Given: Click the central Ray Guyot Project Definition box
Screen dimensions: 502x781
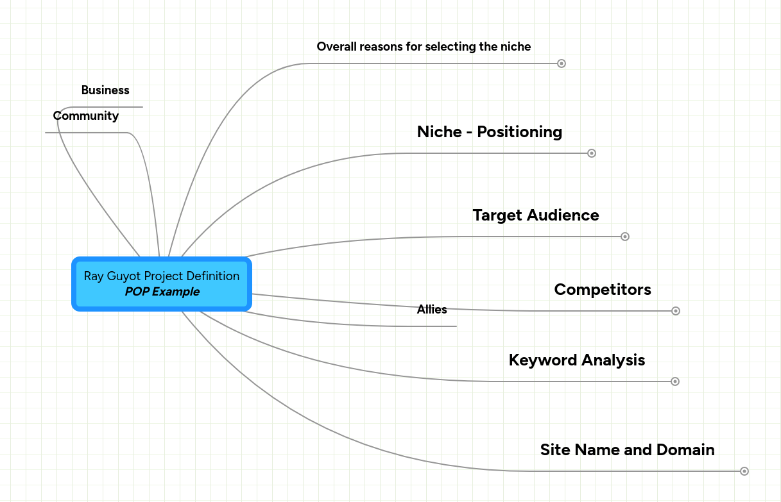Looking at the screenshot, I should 161,283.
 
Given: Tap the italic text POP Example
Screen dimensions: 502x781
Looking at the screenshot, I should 162,292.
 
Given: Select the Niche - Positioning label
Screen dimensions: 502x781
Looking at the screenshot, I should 489,132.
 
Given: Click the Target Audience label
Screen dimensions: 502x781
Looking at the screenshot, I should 535,215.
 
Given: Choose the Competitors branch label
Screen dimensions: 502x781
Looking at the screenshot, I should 602,290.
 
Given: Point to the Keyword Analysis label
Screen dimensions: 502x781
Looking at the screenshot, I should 576,360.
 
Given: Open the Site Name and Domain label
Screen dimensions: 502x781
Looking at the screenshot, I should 627,450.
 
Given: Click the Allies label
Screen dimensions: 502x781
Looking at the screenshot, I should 432,310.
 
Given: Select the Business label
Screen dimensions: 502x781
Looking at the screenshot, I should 105,90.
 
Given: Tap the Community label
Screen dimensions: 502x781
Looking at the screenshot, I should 86,116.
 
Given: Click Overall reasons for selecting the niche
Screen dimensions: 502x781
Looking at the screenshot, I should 424,47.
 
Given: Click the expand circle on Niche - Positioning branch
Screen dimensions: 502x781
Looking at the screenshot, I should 592,153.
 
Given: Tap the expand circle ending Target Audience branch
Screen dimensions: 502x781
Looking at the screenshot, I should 625,237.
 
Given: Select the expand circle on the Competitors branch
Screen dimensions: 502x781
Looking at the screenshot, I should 675,311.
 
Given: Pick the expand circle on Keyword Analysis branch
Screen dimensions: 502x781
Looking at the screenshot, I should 674,381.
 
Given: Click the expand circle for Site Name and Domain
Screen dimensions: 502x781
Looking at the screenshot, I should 744,471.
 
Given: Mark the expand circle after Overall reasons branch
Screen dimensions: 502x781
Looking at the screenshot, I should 561,63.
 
